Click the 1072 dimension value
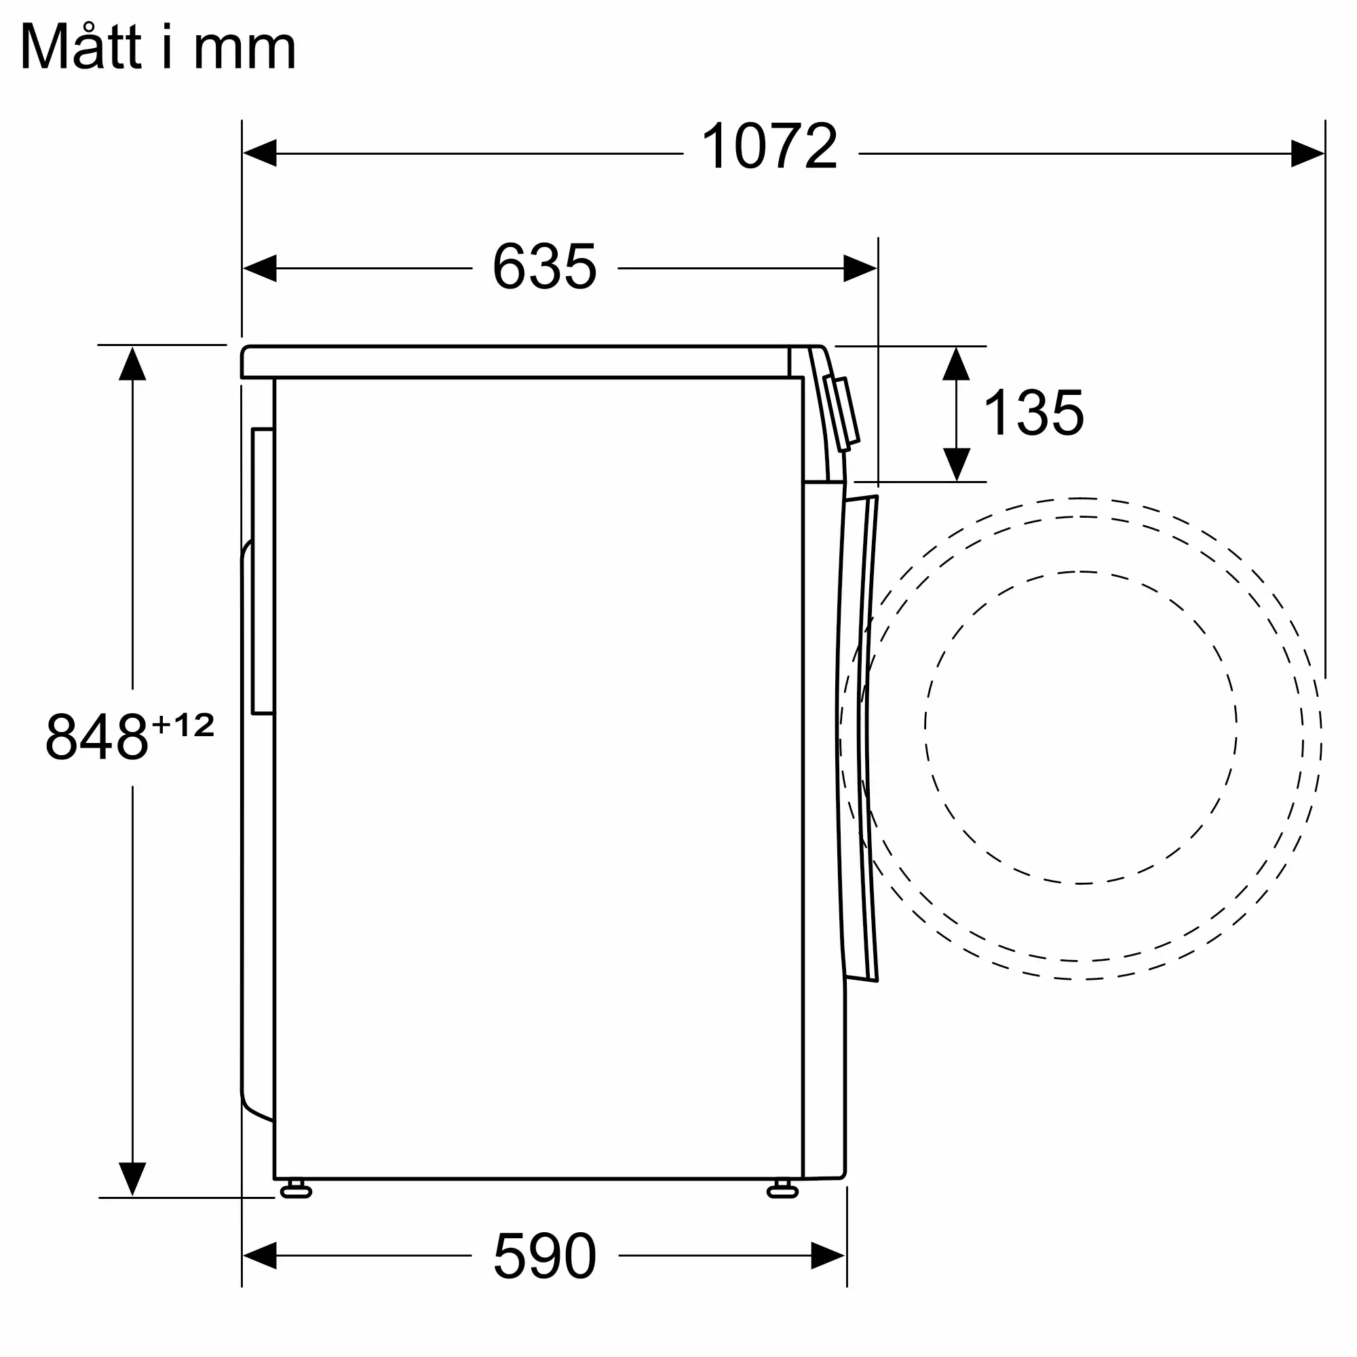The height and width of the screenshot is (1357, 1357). (770, 146)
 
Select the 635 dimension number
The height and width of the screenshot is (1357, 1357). (544, 266)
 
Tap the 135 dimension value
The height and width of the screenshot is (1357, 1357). (1034, 413)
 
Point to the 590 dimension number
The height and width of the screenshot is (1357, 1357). (545, 1256)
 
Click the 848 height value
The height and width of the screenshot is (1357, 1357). (97, 737)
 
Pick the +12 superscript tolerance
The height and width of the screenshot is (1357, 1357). (183, 725)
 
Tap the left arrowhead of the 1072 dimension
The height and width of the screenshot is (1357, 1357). (259, 153)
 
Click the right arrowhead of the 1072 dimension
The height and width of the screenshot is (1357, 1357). (1308, 153)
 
